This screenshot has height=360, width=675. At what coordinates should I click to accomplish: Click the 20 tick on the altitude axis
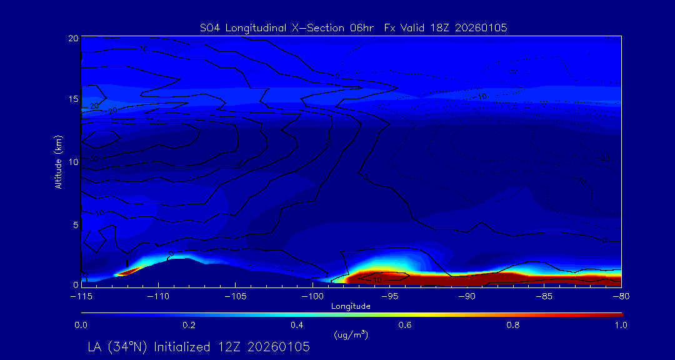pos(72,38)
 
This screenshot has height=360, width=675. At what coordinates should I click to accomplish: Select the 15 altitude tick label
pos(72,99)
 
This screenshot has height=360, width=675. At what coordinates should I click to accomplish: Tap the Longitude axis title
pos(351,306)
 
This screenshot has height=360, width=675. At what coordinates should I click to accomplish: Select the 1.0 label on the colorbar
pos(621,325)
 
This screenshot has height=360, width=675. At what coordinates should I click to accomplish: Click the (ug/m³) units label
pos(351,335)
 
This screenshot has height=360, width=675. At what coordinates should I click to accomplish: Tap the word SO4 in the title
pos(209,27)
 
